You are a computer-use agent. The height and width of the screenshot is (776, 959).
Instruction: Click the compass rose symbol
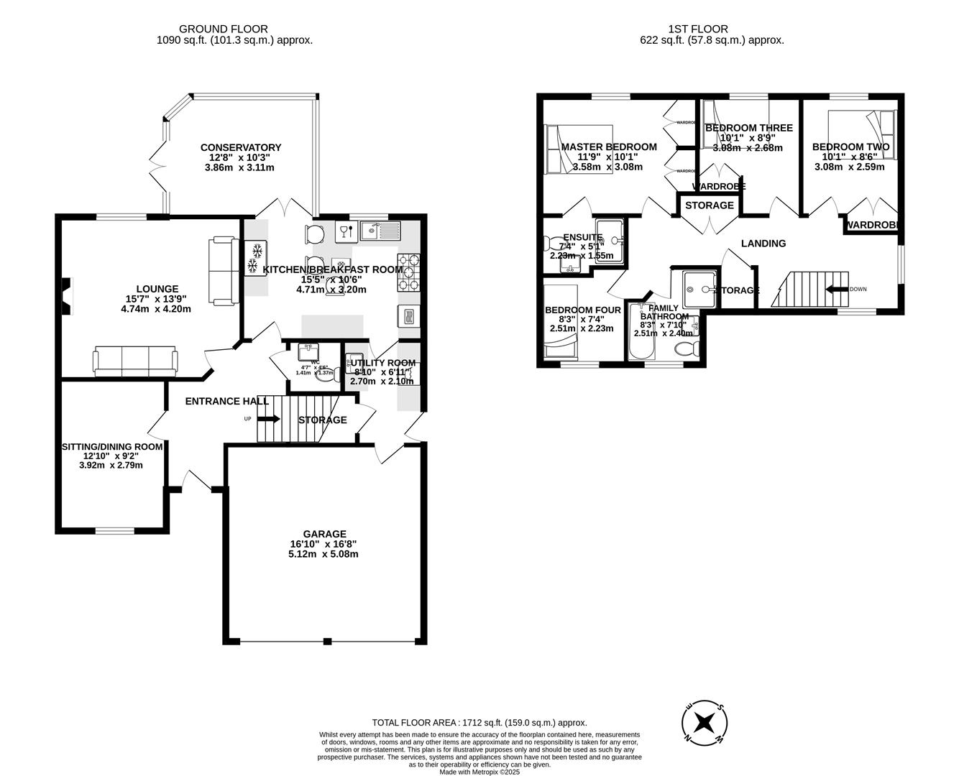[x=705, y=721]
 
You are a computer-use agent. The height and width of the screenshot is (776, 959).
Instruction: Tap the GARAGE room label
[x=324, y=534]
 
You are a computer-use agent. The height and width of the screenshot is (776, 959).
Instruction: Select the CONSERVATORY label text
[x=240, y=147]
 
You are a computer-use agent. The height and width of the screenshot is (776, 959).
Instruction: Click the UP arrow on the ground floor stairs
[x=267, y=419]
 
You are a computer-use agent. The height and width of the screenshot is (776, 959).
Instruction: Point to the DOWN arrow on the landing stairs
[x=837, y=290]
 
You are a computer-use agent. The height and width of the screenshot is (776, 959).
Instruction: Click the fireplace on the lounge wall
[x=66, y=297]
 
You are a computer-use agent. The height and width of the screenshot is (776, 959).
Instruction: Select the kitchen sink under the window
[x=380, y=231]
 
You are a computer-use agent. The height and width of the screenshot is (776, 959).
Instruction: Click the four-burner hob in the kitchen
[x=408, y=272]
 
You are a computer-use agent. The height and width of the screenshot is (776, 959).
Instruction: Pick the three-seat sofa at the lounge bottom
[x=134, y=361]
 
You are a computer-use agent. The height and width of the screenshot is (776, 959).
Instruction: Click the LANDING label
[x=763, y=244]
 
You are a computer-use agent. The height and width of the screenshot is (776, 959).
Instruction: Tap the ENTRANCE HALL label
[x=226, y=401]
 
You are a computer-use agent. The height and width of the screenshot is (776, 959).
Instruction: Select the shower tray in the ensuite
[x=609, y=241]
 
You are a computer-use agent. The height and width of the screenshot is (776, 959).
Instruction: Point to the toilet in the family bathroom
[x=687, y=350]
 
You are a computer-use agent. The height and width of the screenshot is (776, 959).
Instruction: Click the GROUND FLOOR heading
[x=223, y=29]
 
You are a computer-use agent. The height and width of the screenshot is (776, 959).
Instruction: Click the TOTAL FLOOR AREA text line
[x=479, y=723]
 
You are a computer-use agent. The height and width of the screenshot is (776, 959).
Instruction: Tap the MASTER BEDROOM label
[x=609, y=147]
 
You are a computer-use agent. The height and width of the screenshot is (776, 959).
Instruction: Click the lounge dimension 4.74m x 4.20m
[x=156, y=310]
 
